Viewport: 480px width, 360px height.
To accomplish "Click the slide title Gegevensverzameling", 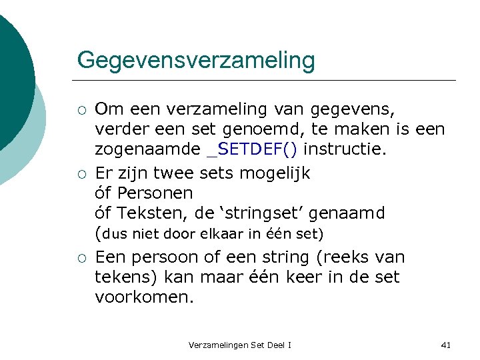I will (x=195, y=61).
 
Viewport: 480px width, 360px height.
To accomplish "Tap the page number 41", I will (x=446, y=345).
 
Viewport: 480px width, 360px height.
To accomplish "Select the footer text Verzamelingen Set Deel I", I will (x=239, y=345).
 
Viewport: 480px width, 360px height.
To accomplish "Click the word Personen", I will (x=155, y=193).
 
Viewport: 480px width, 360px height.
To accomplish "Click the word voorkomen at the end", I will (x=144, y=297).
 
